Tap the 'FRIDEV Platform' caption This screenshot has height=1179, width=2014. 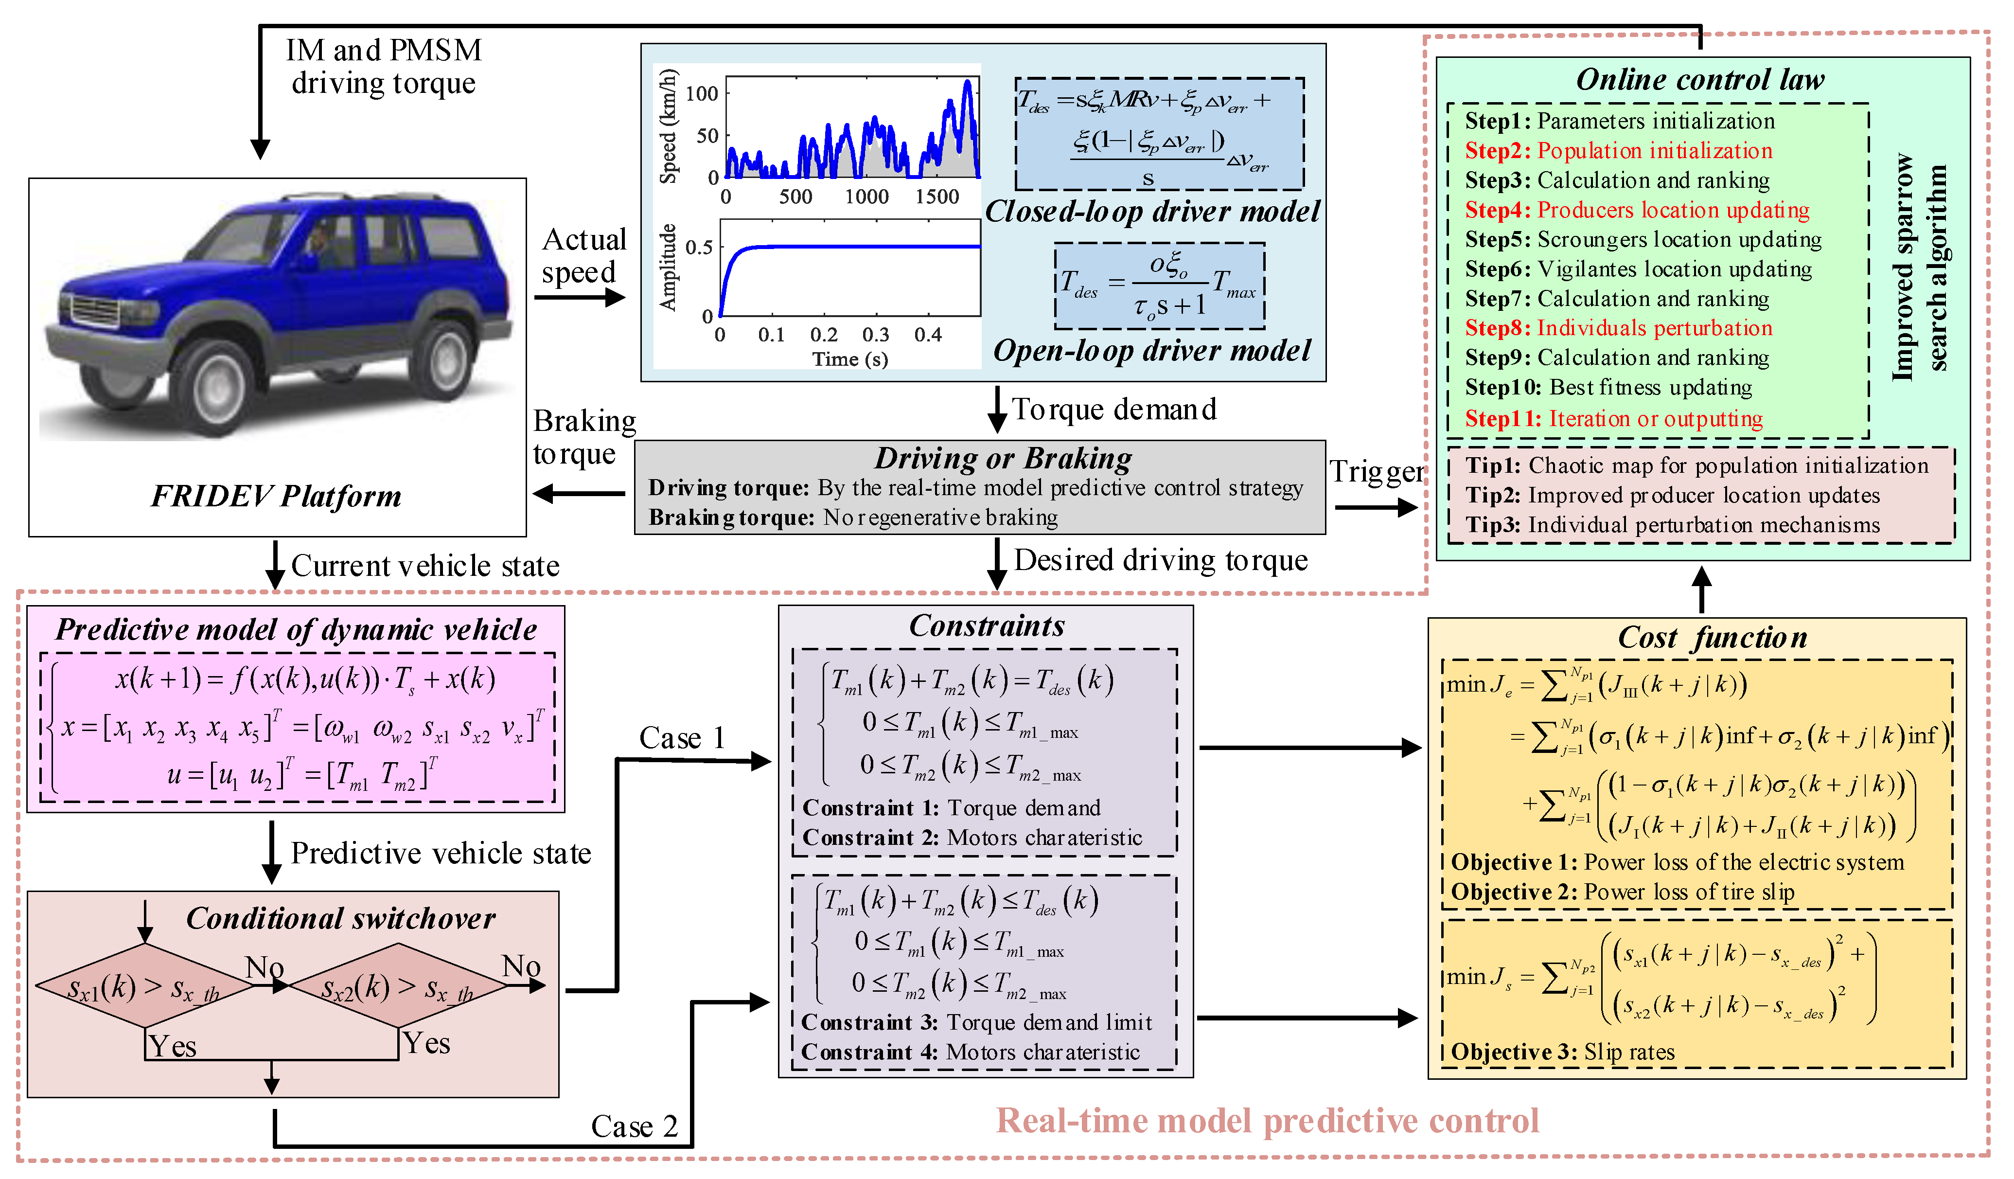click(277, 497)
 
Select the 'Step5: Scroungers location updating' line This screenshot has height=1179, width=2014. click(1643, 240)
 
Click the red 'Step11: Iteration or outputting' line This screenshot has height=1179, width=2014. click(1613, 419)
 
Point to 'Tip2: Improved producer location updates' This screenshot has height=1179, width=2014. click(1672, 496)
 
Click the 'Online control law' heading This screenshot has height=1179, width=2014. click(1700, 80)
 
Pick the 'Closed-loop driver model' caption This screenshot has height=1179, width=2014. click(1152, 212)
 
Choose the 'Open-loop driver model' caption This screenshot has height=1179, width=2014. click(1152, 351)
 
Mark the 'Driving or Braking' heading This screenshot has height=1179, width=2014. click(1003, 459)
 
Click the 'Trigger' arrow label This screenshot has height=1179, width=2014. click(1376, 472)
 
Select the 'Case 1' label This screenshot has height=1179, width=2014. click(682, 738)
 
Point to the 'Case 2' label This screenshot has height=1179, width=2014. click(634, 1127)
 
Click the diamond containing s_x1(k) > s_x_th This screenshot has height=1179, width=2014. click(145, 988)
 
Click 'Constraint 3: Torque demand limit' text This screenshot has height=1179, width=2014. click(977, 1023)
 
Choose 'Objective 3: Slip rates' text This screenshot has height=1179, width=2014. click(1562, 1053)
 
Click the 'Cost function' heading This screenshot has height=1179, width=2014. click(1713, 638)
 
